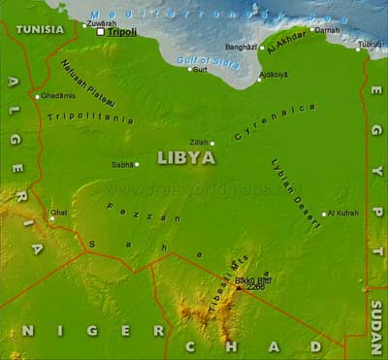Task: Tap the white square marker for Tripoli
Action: tap(101, 32)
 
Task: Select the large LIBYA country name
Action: tap(185, 156)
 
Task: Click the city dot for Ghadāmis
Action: tap(37, 96)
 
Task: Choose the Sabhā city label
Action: tap(122, 164)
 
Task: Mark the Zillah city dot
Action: tap(212, 143)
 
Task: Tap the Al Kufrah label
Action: tap(342, 213)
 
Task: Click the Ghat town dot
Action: tap(51, 218)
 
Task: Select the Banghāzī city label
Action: tap(242, 47)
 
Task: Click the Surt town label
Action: tap(200, 70)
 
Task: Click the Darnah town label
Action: tap(328, 30)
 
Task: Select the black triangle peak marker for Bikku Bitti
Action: tap(239, 287)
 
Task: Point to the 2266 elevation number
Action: tap(255, 287)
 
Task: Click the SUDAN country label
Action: tap(376, 326)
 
